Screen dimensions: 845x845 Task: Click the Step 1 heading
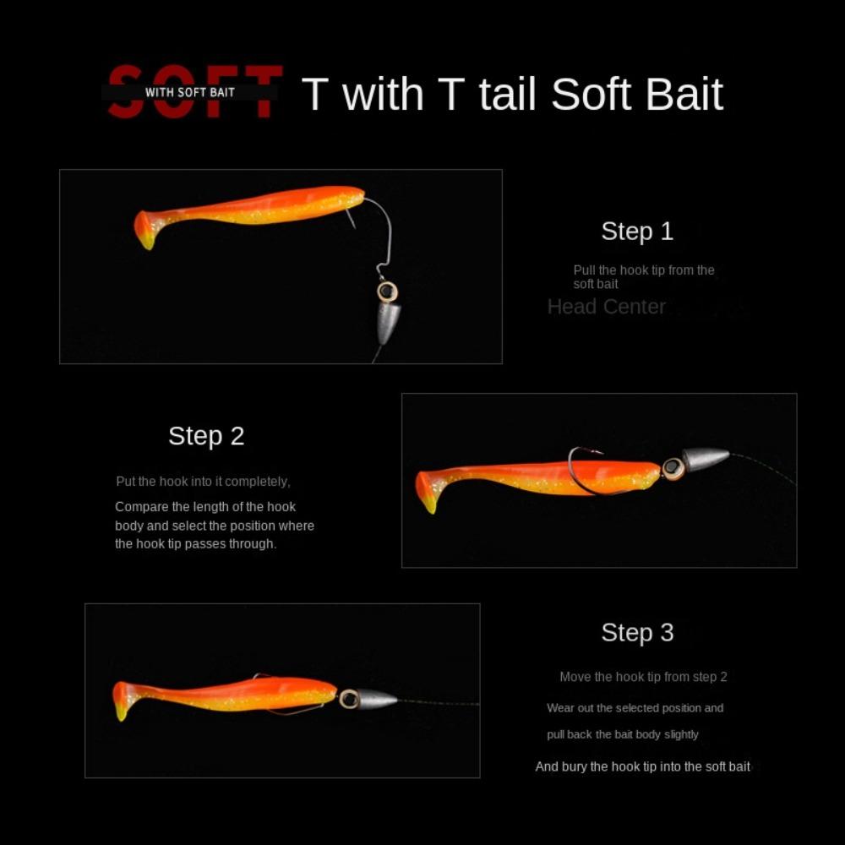637,232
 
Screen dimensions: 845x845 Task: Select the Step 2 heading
206,436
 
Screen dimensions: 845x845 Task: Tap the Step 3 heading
637,633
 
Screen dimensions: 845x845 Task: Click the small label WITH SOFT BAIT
190,91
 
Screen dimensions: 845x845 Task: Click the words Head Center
607,307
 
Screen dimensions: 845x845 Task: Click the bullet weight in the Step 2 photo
705,459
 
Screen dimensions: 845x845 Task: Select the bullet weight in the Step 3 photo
375,699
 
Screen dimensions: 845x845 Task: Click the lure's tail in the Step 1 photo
146,229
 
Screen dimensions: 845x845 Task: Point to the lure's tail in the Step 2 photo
428,491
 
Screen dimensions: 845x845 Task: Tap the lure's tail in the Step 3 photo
123,700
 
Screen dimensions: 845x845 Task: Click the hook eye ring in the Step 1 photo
387,292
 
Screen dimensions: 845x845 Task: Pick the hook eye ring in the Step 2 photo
673,467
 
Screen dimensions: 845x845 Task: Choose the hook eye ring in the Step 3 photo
349,699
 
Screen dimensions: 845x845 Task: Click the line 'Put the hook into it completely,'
203,482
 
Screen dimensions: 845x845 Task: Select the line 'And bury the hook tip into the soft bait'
642,767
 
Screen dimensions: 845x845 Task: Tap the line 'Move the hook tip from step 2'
643,677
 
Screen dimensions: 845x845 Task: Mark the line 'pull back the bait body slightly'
623,735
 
